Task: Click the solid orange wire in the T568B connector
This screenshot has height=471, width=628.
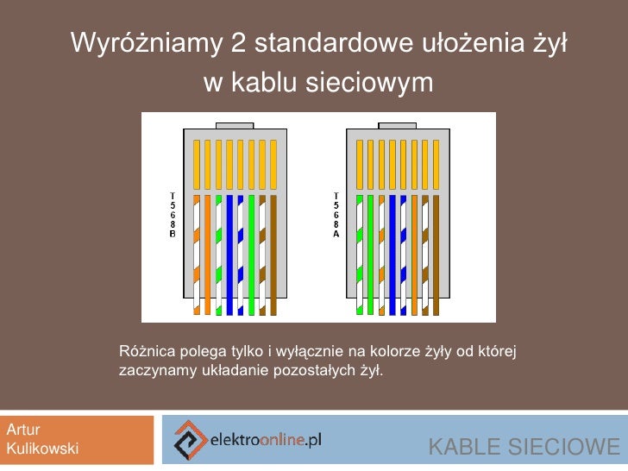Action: point(208,254)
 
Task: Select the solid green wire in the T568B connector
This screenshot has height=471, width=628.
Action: point(252,254)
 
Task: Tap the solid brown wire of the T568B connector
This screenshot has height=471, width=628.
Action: point(273,254)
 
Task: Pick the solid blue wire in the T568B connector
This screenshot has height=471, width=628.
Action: point(230,254)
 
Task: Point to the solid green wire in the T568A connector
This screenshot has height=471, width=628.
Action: point(372,254)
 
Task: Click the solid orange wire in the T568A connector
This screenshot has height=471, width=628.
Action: point(416,254)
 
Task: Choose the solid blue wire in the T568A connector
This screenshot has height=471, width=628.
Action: point(393,254)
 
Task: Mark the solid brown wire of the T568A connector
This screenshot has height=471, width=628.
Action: point(437,254)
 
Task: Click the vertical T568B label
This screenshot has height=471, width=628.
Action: point(173,216)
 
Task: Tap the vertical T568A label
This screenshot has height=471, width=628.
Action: point(336,216)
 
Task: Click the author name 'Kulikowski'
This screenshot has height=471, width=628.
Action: point(43,449)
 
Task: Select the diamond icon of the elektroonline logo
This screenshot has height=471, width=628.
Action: point(190,440)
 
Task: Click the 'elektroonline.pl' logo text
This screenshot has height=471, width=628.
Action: point(267,440)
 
